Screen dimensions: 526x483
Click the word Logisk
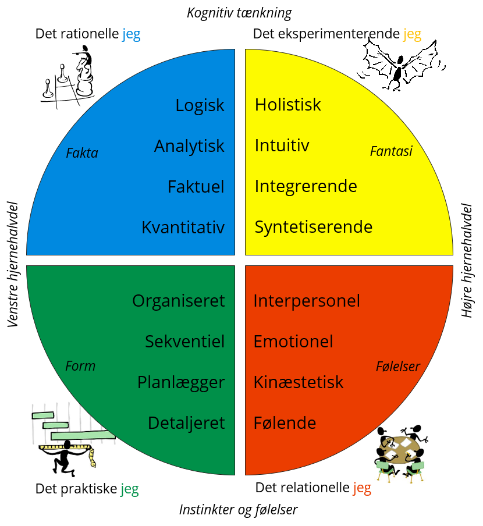tap(200, 105)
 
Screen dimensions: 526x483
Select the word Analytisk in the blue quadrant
tap(189, 146)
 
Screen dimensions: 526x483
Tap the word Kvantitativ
tap(183, 228)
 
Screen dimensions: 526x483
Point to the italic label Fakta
tap(82, 154)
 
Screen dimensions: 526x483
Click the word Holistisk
tap(288, 105)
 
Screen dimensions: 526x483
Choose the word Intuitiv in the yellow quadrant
tap(282, 145)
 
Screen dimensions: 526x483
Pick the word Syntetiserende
tap(314, 227)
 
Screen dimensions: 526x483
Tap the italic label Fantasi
tap(391, 151)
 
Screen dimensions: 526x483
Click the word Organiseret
tap(178, 301)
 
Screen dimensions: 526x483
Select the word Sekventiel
tap(184, 342)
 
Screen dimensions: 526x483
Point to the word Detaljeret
tap(186, 423)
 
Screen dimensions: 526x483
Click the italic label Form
tap(80, 366)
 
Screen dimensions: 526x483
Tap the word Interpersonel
tap(307, 301)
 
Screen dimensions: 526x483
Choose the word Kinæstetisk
tap(299, 382)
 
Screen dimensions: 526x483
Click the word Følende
tap(285, 423)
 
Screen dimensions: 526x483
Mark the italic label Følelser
tap(398, 367)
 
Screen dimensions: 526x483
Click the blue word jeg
tap(131, 35)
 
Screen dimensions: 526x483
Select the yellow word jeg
tap(412, 35)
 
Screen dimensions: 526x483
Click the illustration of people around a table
tap(401, 454)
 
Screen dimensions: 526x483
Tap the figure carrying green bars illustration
tap(73, 440)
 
